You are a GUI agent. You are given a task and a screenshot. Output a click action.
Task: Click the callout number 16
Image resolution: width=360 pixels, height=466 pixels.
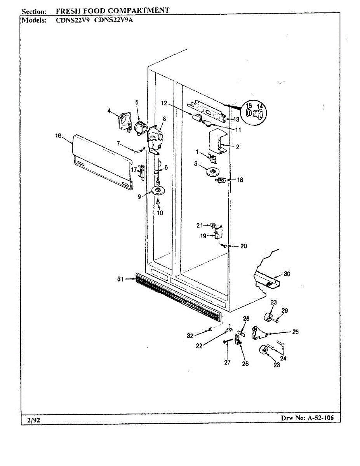coord(59,136)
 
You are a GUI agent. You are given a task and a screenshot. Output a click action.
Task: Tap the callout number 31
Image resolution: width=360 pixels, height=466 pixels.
coord(120,278)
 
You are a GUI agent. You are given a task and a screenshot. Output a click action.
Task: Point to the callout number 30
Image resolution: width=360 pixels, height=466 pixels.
coord(287,274)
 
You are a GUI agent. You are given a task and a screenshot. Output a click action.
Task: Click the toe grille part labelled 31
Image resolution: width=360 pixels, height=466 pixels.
coord(179,293)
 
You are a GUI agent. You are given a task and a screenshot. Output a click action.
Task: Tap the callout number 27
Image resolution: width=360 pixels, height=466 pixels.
coord(227,362)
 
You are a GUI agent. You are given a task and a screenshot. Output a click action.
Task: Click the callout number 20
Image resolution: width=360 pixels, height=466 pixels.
coord(243,246)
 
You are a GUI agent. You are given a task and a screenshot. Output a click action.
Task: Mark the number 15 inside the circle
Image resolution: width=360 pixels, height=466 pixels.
coord(249,106)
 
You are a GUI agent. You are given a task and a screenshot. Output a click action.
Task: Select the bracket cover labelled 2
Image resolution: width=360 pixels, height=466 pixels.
coord(217,143)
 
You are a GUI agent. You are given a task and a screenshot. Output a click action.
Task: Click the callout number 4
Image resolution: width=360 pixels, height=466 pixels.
coord(110,111)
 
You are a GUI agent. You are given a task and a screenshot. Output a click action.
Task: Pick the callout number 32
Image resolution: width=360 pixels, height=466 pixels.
coord(190,336)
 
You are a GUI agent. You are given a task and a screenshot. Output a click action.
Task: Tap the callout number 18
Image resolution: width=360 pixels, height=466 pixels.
coord(240,180)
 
